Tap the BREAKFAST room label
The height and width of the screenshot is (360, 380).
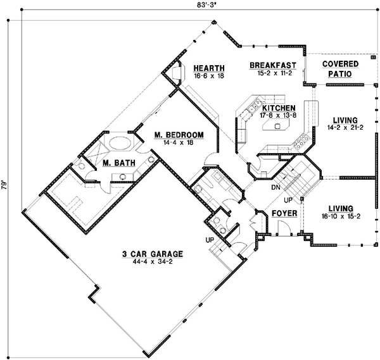[x=273, y=65]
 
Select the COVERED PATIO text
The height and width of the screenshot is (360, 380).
[x=339, y=69]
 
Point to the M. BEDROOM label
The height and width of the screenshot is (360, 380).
[x=178, y=135]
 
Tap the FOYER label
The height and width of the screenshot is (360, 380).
[x=284, y=214]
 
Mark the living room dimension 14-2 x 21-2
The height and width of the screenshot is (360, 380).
[x=339, y=128]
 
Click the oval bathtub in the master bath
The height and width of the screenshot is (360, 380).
[x=118, y=142]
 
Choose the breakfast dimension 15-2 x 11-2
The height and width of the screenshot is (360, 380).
[x=273, y=73]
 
